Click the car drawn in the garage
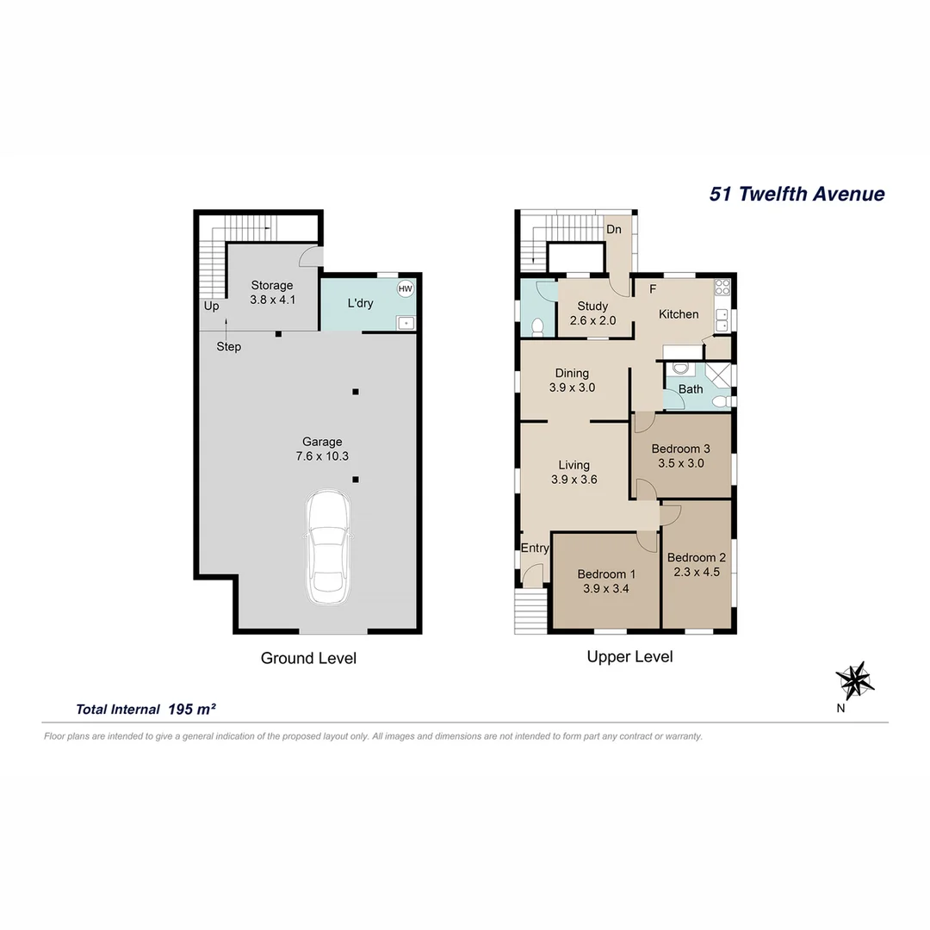327,549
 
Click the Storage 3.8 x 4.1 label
271,293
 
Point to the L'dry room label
360,303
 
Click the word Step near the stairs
228,347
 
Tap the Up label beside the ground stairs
211,306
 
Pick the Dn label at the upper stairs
614,230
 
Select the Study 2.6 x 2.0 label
592,313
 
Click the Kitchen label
679,314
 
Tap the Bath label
691,389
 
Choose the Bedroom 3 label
680,449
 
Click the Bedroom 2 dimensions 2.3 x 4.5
697,571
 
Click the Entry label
535,549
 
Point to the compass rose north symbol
855,680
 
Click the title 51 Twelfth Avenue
797,194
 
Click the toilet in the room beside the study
538,326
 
